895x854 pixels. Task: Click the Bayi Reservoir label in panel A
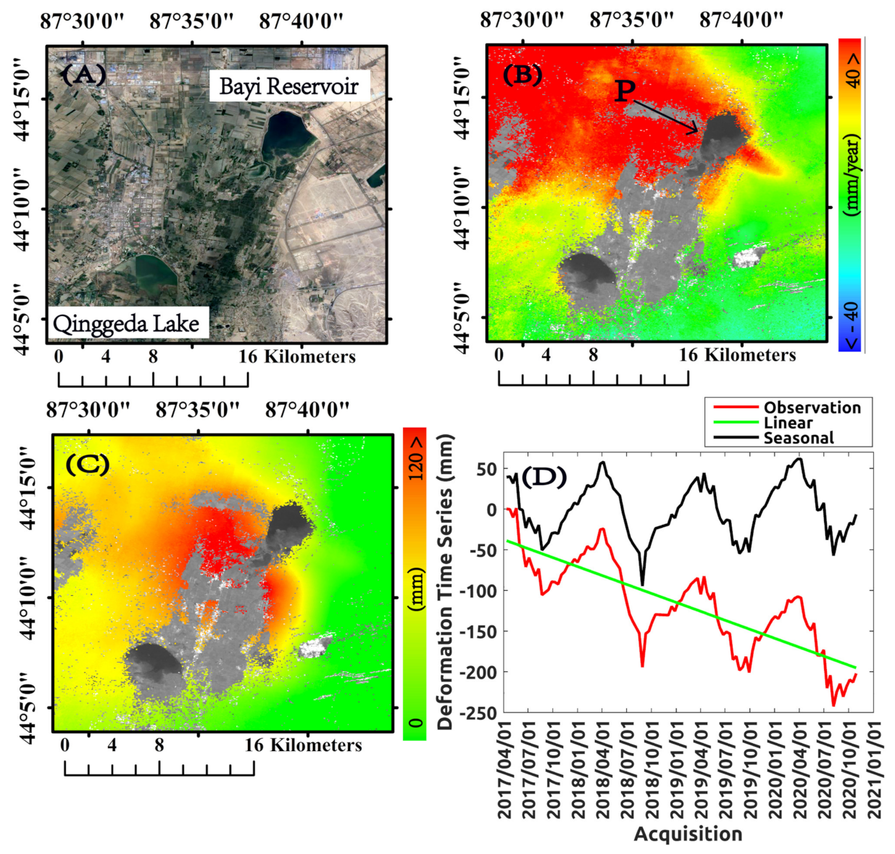click(x=288, y=87)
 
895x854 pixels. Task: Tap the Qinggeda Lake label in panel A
click(x=126, y=323)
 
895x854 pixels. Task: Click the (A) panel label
click(x=83, y=74)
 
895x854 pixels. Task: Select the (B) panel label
click(x=522, y=74)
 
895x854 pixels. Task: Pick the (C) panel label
click(x=87, y=464)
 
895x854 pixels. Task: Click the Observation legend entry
click(x=812, y=407)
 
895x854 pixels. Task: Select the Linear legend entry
click(x=788, y=423)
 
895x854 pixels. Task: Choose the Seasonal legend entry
click(x=798, y=438)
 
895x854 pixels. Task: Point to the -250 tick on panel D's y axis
click(x=480, y=713)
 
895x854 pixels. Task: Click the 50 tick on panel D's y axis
click(x=488, y=469)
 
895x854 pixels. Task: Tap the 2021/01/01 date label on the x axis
click(x=875, y=770)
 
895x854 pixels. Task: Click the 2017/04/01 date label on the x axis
click(x=505, y=770)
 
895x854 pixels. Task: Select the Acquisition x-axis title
click(x=688, y=834)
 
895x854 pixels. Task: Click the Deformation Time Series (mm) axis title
click(x=445, y=581)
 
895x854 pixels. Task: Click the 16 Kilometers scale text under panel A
click(x=297, y=357)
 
